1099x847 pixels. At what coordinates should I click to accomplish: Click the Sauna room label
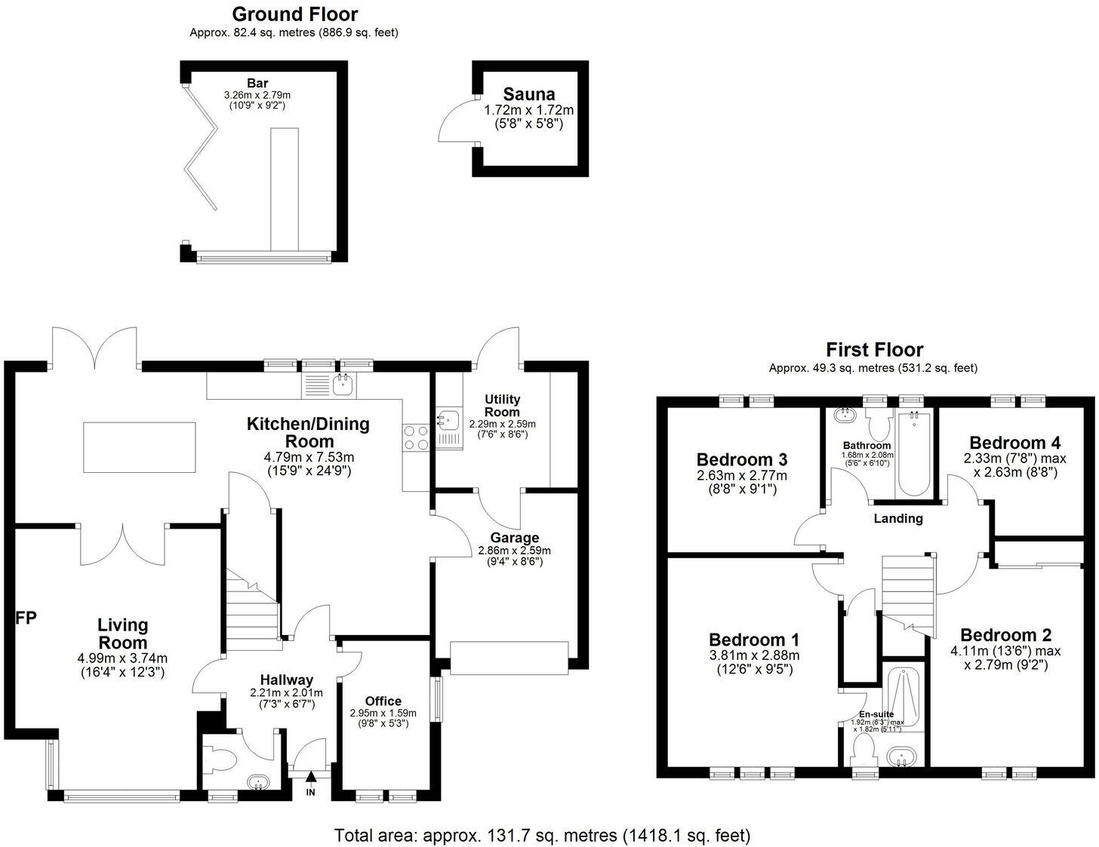tap(529, 94)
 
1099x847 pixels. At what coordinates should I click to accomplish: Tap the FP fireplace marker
tap(26, 618)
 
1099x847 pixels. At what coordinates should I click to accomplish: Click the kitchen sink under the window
tap(343, 385)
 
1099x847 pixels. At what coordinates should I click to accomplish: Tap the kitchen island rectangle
tap(140, 447)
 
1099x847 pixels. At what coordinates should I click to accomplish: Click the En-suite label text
tap(876, 714)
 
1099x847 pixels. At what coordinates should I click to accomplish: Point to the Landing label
tap(898, 518)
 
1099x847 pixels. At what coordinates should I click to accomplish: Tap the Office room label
tap(383, 701)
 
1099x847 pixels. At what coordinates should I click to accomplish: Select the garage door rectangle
tap(509, 658)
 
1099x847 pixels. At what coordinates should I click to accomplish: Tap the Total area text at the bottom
tap(543, 835)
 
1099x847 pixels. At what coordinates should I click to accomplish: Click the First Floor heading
tap(874, 349)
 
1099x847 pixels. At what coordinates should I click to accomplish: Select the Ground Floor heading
tap(294, 14)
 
